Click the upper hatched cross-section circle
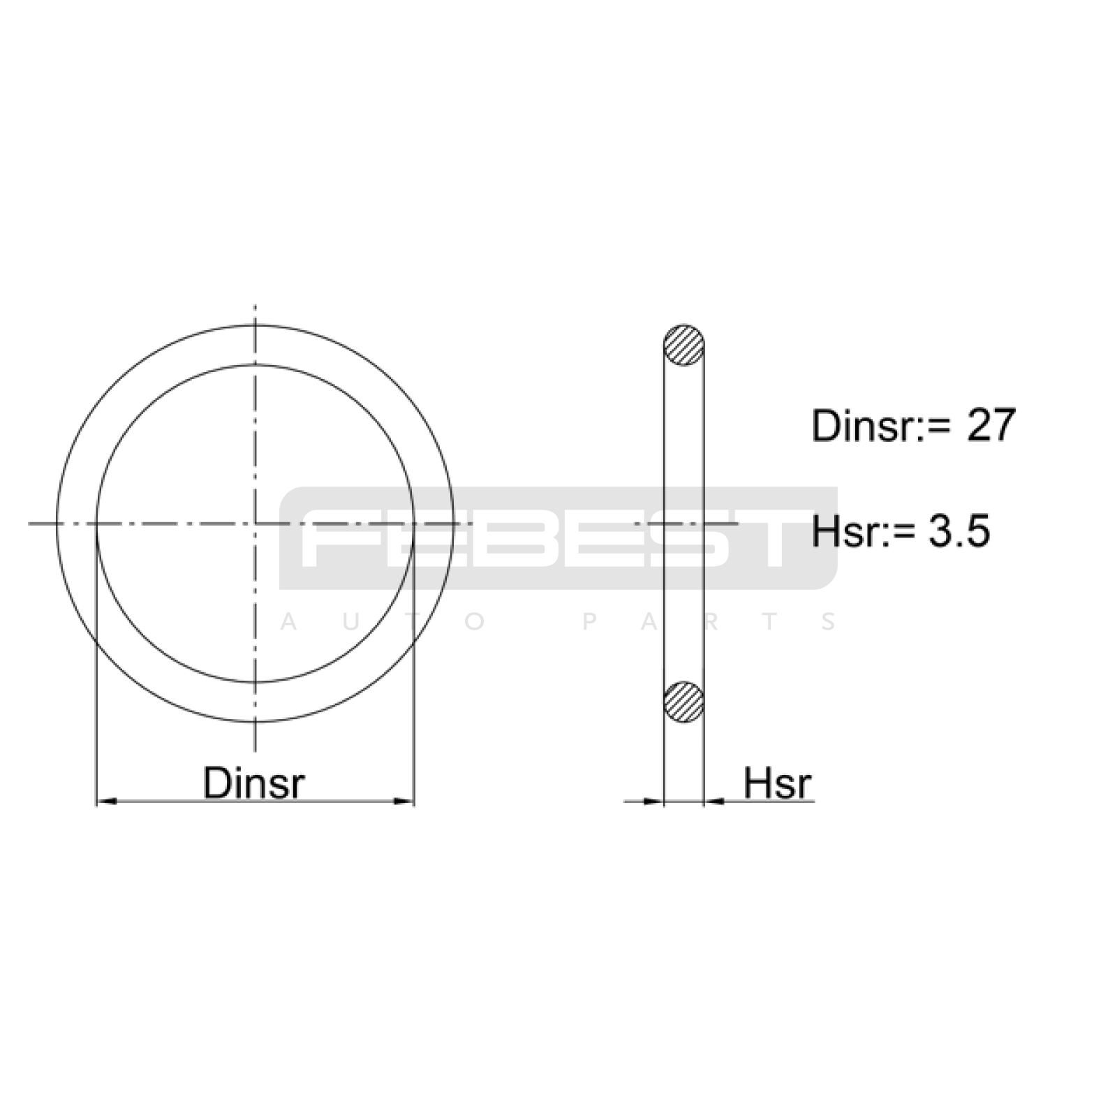683,345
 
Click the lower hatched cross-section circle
683,702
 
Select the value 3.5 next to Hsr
959,531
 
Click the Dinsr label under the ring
254,783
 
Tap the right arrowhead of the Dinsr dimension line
404,801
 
